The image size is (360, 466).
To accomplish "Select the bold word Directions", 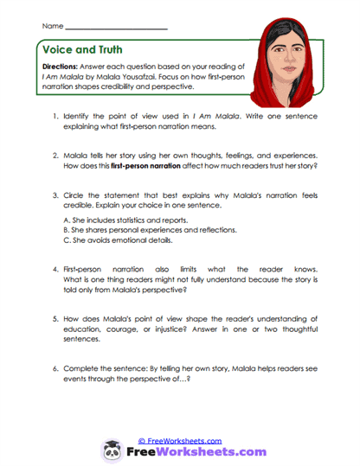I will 61,67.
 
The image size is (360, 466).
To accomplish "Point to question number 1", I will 55,116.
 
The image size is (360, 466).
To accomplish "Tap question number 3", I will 55,196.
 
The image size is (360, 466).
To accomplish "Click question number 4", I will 55,269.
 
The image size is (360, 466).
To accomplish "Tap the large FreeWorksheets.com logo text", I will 190,452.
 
